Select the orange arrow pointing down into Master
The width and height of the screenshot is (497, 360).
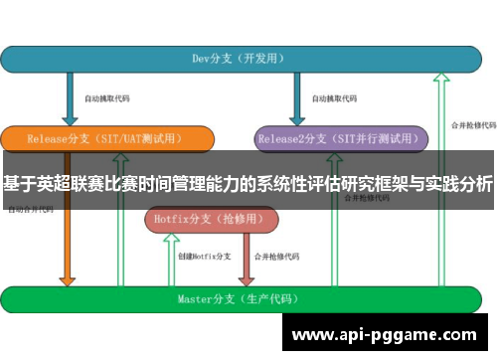point(68,254)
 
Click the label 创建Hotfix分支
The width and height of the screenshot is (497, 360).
point(204,258)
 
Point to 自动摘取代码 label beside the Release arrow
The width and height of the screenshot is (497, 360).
point(106,99)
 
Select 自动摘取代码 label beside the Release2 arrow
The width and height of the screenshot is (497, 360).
point(333,99)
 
